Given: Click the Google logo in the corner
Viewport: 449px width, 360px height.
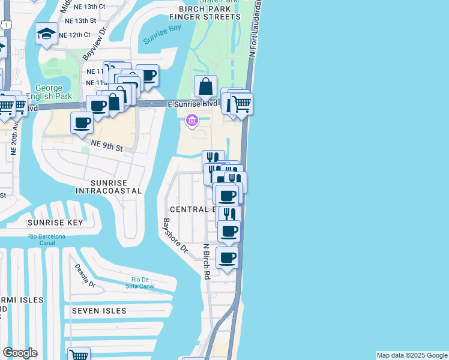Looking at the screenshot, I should (x=20, y=353).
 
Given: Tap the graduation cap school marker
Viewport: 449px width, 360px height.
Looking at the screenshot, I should (x=46, y=34).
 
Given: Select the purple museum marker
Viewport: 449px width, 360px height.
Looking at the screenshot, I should (x=192, y=121).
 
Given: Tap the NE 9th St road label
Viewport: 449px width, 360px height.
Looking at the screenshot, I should (x=107, y=145).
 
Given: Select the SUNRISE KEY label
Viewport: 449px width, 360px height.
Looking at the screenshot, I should (x=55, y=222).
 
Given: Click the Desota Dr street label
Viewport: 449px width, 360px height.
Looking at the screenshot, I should (x=85, y=275).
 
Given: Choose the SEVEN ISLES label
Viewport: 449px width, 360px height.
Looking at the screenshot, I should (x=99, y=311).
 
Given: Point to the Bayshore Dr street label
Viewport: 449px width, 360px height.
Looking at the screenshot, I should (x=174, y=234).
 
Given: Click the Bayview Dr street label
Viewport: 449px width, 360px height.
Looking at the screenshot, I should (x=94, y=45).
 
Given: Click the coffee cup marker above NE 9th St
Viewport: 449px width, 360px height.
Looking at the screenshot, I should (x=82, y=123).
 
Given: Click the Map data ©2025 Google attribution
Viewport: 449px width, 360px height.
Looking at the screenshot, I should (x=412, y=355).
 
